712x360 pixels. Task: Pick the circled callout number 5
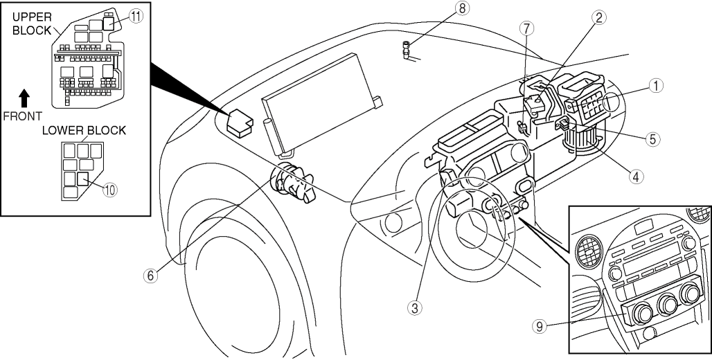click(x=651, y=138)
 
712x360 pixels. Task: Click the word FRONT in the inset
click(x=22, y=116)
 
